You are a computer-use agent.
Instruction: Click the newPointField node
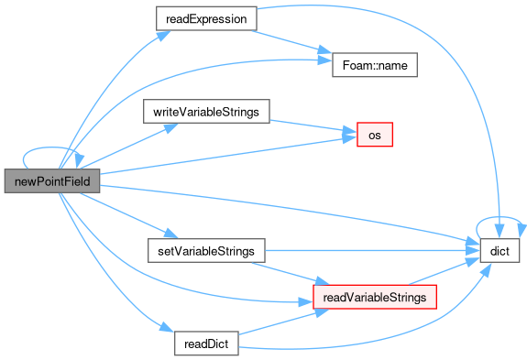(x=52, y=181)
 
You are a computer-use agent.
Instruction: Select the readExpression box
(x=206, y=19)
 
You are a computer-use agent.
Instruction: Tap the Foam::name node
(x=375, y=65)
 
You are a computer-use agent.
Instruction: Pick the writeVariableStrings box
(x=206, y=112)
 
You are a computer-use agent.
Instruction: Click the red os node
(x=375, y=135)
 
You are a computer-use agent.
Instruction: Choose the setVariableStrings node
(x=206, y=251)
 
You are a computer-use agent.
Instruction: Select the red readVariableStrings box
(x=375, y=297)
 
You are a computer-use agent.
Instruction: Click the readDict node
(x=206, y=344)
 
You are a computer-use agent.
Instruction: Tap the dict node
(x=500, y=251)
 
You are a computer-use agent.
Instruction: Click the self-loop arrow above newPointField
(x=50, y=147)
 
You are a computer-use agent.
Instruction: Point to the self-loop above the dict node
(x=500, y=217)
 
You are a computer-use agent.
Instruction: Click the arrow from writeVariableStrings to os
(x=313, y=126)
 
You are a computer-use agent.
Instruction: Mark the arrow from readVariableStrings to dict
(x=445, y=271)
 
